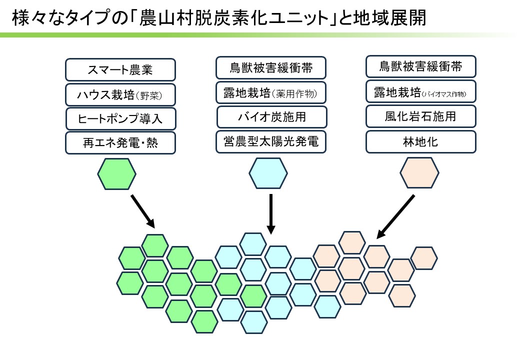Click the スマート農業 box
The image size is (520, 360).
120,70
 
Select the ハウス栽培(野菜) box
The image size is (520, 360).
120,95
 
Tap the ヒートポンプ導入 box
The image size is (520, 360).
120,118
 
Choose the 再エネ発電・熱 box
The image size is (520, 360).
120,143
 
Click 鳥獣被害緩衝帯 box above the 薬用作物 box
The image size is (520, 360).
271,67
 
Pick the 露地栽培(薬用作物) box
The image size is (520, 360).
271,93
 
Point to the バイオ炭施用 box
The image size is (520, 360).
272,117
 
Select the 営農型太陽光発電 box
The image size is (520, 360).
271,142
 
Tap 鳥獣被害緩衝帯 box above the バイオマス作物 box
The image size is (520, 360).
421,66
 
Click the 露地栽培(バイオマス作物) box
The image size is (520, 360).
421,91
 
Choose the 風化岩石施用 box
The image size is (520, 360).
421,116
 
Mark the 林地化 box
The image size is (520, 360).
421,142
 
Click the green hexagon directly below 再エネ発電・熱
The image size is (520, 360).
116,174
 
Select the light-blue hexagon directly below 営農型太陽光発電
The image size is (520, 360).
268,173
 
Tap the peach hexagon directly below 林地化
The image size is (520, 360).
419,172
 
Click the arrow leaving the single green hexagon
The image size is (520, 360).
143,211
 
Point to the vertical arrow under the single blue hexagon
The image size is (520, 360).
271,214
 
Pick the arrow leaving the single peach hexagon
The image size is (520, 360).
395,216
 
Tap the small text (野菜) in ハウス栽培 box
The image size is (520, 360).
149,96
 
